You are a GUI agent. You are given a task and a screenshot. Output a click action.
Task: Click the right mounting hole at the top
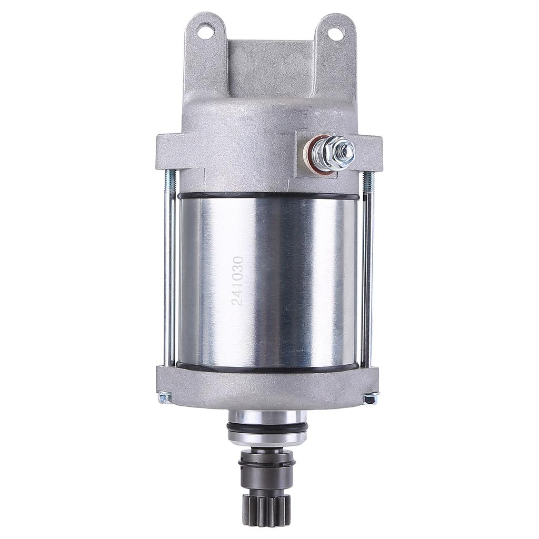point(333,31)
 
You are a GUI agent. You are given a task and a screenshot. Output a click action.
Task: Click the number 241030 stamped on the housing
point(237,282)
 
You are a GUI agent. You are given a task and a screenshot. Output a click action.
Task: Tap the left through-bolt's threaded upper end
point(168,179)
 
